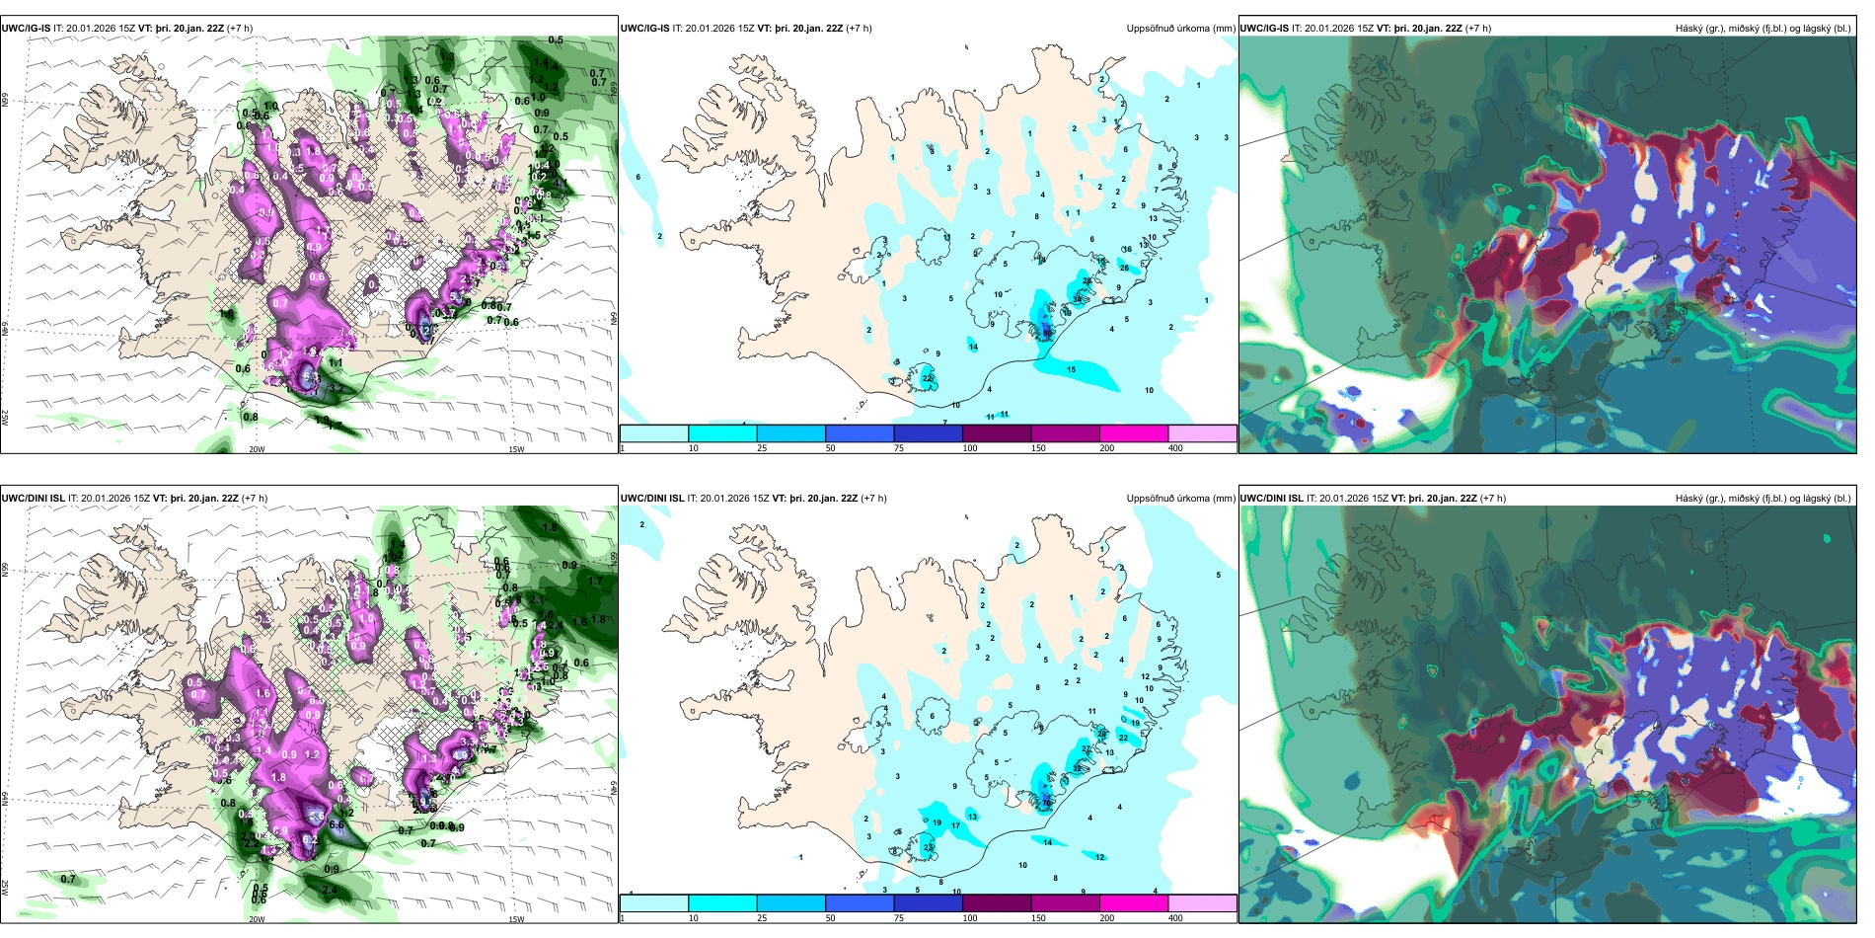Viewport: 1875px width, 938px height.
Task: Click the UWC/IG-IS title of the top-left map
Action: pos(26,29)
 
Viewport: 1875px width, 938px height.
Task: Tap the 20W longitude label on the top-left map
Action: pos(257,449)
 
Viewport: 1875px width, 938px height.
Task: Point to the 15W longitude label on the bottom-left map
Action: pos(516,919)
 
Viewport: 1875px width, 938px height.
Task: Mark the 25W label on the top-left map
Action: pos(5,418)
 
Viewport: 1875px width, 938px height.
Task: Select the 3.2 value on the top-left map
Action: pos(337,389)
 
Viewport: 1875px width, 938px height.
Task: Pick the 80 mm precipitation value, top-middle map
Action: pos(1046,333)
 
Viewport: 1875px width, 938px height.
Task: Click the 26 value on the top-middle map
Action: pos(1124,268)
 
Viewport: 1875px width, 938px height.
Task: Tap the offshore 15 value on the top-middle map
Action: pos(1071,370)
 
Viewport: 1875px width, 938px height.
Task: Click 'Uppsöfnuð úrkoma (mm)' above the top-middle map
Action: pos(1180,29)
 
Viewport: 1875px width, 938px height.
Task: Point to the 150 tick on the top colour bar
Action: pos(1038,448)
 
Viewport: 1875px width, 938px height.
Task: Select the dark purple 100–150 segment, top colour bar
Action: pos(997,433)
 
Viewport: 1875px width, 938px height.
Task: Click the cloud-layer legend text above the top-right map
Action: pos(1762,29)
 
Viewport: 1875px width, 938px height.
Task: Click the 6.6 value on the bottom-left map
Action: pos(336,824)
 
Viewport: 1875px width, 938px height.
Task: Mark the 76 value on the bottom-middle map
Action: pos(1046,803)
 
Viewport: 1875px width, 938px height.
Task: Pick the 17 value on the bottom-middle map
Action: pos(955,825)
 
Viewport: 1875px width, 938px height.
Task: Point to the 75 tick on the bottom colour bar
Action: pos(899,918)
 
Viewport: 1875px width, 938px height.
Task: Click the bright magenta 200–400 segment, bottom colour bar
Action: pos(1133,903)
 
